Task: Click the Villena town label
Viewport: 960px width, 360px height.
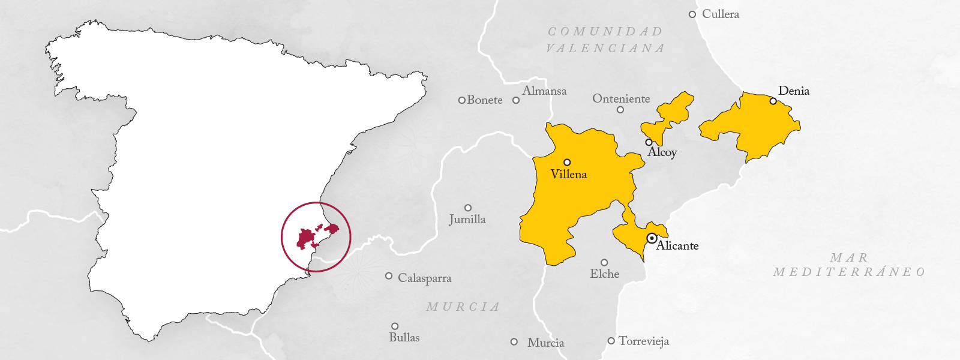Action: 568,175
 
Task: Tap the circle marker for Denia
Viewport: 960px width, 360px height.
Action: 773,101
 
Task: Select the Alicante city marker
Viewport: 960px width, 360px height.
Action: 652,238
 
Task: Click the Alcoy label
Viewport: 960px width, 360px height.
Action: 662,152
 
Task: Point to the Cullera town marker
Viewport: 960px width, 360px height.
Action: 692,14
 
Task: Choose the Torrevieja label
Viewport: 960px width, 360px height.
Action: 643,341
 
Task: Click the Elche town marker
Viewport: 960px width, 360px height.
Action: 604,263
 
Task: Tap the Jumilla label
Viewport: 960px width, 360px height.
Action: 467,220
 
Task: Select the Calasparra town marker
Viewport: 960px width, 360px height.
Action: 389,276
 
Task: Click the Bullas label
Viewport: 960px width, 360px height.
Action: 404,338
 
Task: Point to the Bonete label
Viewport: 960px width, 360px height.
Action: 485,100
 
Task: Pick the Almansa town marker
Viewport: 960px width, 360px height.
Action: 516,100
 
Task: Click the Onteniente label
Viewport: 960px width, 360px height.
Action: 621,99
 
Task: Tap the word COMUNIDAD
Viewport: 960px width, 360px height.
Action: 605,31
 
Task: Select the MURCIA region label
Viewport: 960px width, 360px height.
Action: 463,307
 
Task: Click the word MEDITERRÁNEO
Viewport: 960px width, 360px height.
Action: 849,272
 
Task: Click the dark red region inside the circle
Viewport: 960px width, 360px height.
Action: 306,238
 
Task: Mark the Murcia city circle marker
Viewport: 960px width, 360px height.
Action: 514,342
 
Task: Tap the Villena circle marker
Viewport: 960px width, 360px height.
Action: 567,162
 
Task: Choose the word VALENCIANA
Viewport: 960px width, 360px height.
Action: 605,48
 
